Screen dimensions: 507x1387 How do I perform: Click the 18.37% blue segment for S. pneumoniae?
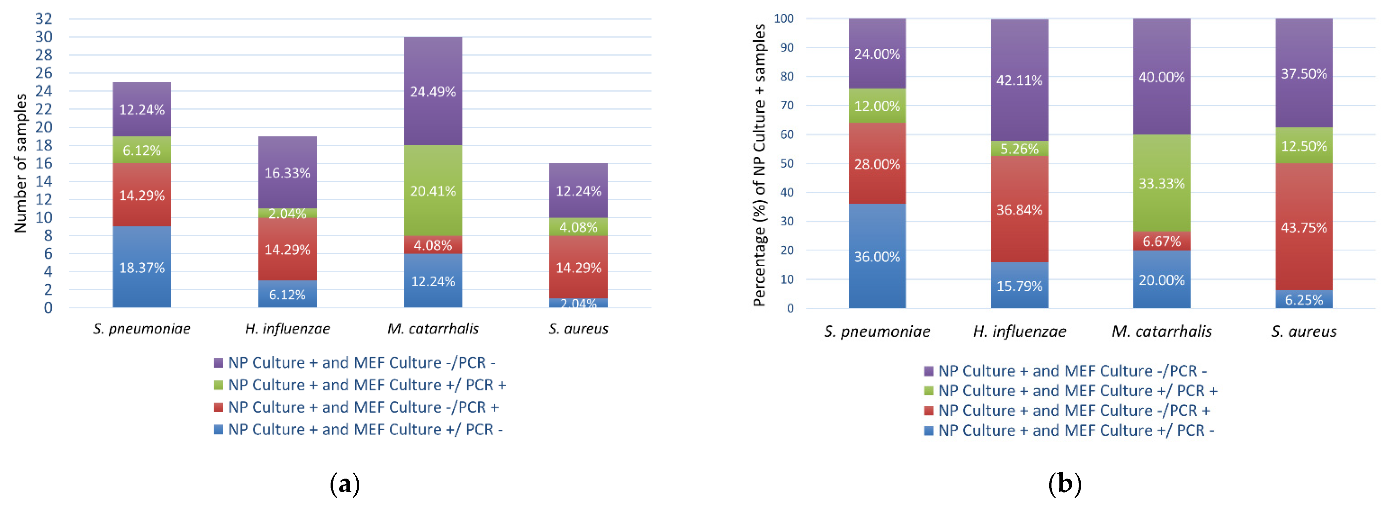tap(142, 267)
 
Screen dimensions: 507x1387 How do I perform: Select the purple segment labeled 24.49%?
tap(433, 91)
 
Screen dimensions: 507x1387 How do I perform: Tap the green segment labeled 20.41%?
tap(433, 190)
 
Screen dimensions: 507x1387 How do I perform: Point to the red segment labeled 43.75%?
tap(1303, 227)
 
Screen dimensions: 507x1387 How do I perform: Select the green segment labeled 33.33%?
tap(1161, 183)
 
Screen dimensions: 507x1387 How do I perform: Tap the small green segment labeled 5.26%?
tap(1019, 149)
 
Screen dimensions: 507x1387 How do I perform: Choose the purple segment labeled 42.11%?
tap(1019, 80)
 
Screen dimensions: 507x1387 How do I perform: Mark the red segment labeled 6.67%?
tap(1161, 241)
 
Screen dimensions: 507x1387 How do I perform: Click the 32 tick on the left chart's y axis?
tap(44, 19)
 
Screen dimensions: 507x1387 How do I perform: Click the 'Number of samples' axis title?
tap(20, 163)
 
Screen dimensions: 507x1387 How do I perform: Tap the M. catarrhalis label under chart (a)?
tap(433, 329)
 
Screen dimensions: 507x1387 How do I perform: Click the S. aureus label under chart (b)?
tap(1303, 331)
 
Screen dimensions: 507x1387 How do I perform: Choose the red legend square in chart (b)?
tap(928, 411)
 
